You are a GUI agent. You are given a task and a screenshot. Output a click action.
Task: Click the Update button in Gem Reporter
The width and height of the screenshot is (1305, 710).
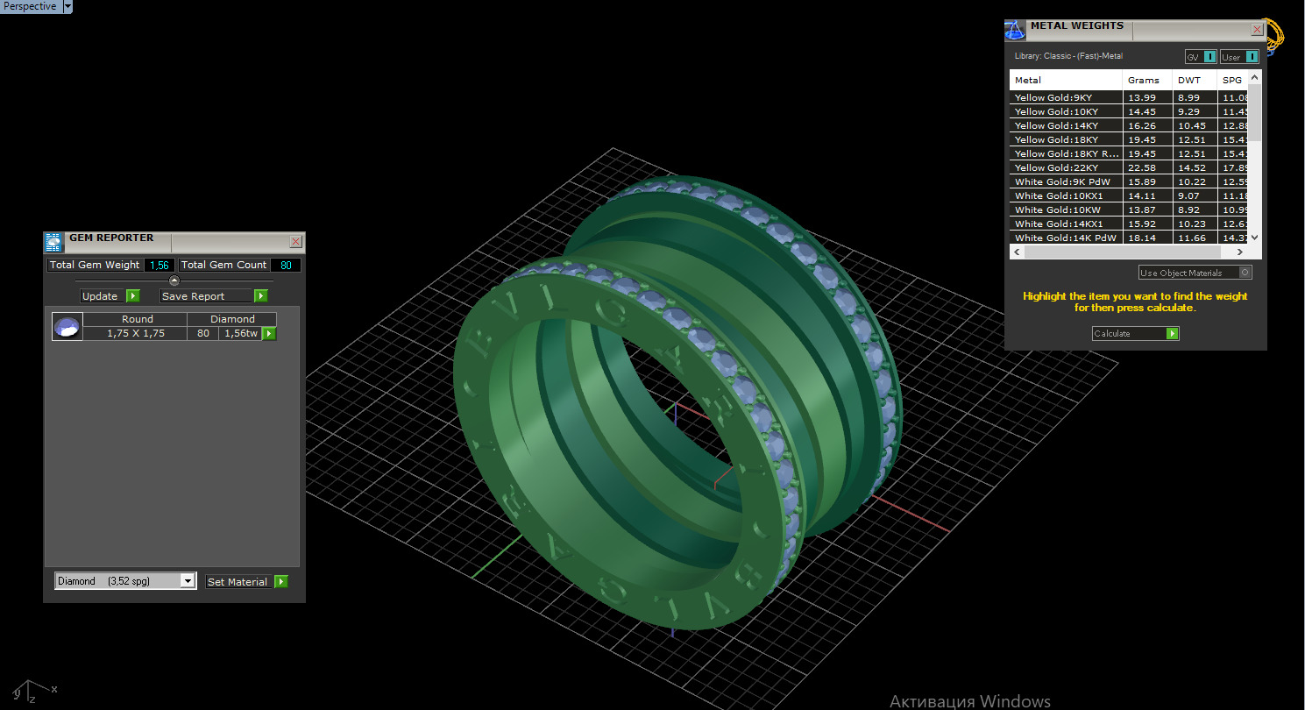click(110, 296)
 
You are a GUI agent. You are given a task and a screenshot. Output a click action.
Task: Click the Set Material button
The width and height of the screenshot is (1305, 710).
click(246, 582)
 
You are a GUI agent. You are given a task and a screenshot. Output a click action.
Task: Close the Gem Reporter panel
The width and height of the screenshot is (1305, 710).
click(296, 241)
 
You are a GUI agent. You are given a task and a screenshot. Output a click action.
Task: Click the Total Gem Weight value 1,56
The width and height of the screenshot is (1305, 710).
click(159, 265)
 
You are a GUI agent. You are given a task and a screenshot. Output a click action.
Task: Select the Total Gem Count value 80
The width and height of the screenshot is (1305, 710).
click(286, 265)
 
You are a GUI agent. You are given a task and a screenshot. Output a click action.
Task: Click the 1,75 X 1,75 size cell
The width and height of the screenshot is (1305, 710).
click(135, 333)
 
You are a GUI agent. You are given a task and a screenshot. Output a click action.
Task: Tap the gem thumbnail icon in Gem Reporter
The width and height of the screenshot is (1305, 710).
click(67, 327)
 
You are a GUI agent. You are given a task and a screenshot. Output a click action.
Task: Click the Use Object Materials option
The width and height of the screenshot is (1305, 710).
click(1195, 273)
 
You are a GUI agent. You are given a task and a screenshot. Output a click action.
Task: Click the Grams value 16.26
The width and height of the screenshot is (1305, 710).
click(1141, 125)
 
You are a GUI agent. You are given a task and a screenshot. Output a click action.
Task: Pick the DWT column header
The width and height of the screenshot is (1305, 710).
click(1189, 80)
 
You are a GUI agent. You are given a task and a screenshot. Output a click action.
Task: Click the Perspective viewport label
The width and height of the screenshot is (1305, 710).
click(30, 6)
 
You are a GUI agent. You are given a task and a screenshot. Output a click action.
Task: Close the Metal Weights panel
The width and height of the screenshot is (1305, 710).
click(1257, 29)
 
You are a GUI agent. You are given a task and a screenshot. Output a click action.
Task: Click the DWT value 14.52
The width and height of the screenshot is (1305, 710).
click(1192, 167)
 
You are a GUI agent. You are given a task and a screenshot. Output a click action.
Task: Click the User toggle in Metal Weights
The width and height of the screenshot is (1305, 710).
click(1239, 57)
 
